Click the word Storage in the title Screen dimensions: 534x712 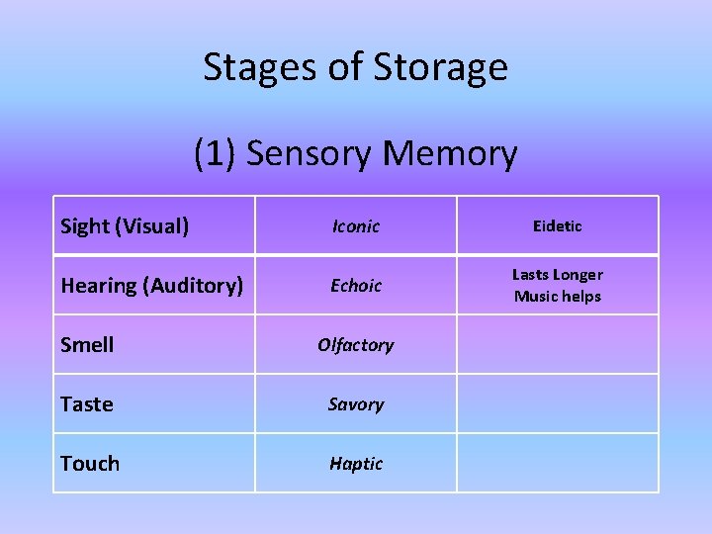pyautogui.click(x=441, y=67)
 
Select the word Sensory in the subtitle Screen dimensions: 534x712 pyautogui.click(x=310, y=154)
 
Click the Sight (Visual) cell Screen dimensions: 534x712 pyautogui.click(x=125, y=226)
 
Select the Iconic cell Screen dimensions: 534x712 pyautogui.click(x=355, y=226)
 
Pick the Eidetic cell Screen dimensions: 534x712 pyautogui.click(x=558, y=226)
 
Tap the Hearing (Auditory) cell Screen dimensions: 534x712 pyautogui.click(x=151, y=286)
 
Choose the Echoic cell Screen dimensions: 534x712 pyautogui.click(x=355, y=286)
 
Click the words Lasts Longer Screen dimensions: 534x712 pyautogui.click(x=558, y=275)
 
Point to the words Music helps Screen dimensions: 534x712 pyautogui.click(x=558, y=297)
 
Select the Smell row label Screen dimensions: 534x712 pyautogui.click(x=87, y=345)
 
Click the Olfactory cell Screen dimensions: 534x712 pyautogui.click(x=355, y=345)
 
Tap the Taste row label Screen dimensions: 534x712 pyautogui.click(x=87, y=404)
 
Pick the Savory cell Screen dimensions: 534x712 pyautogui.click(x=355, y=404)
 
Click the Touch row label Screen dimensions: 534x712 pyautogui.click(x=90, y=464)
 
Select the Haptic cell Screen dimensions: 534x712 pyautogui.click(x=355, y=464)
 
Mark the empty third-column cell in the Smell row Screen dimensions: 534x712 pyautogui.click(x=558, y=344)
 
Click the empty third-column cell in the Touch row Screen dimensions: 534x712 pyautogui.click(x=558, y=463)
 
